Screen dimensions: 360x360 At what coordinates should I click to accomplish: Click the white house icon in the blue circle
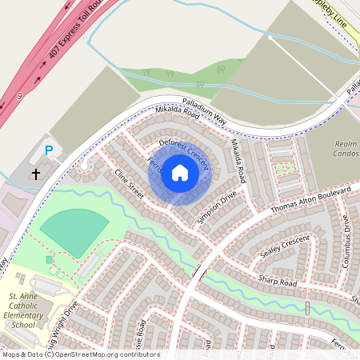180,173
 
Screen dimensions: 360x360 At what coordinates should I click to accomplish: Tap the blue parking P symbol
48,150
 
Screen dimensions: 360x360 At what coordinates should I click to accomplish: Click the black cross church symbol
36,173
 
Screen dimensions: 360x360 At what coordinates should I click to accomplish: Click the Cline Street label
128,185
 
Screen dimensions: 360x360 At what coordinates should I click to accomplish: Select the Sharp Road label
277,282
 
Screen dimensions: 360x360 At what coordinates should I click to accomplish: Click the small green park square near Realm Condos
284,169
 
